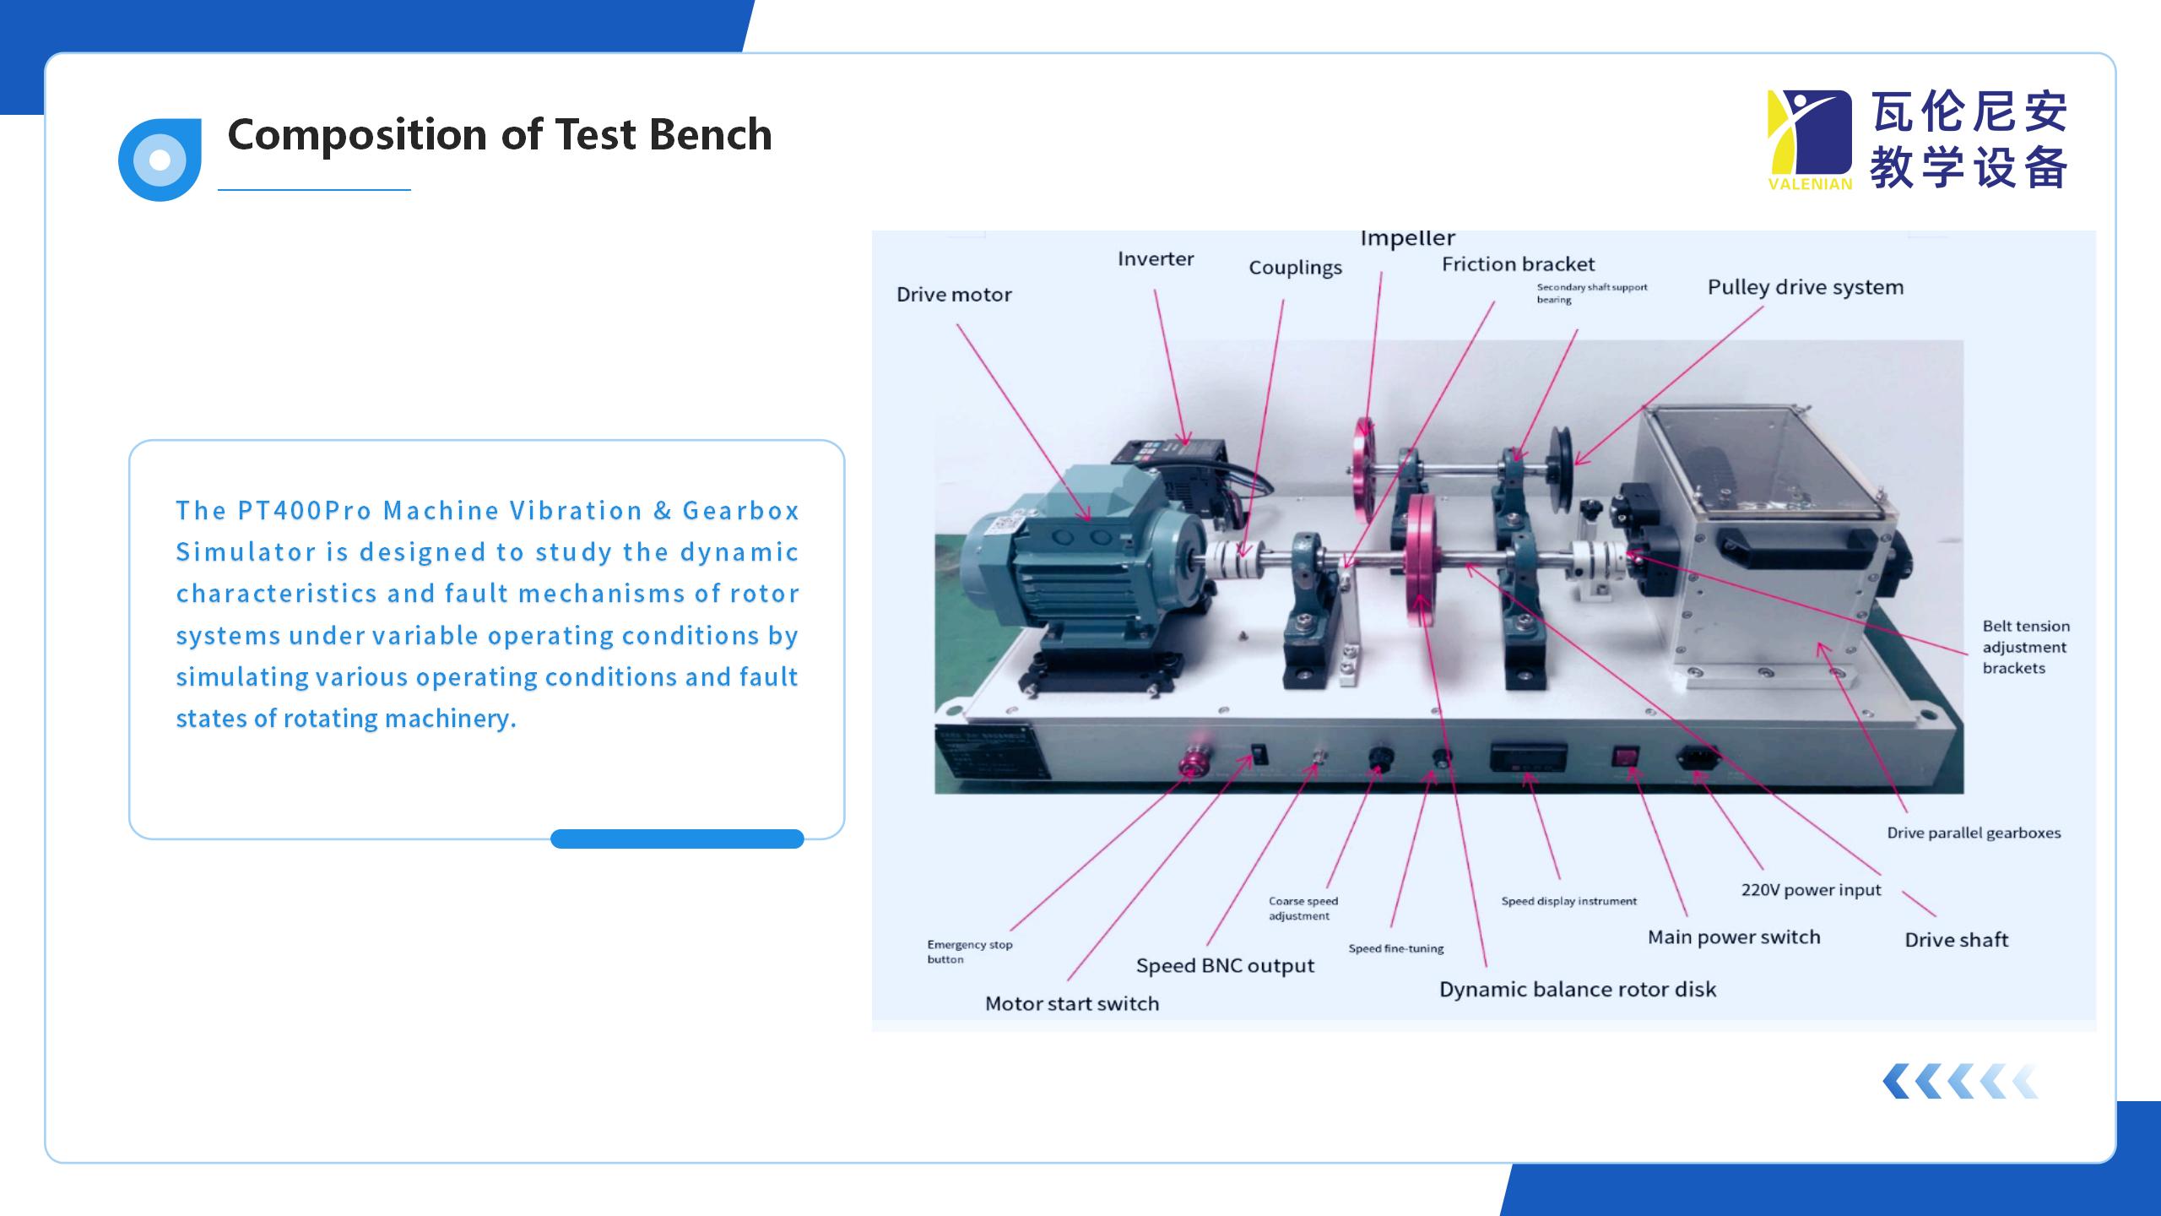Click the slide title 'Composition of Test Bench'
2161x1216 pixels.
click(499, 135)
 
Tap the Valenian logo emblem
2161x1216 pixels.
click(1809, 139)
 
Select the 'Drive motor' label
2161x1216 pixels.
click(954, 295)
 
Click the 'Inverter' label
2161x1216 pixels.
click(1155, 259)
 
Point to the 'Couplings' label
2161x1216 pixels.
click(1295, 268)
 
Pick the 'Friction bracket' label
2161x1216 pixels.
click(1518, 264)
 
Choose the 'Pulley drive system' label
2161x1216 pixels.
click(1805, 287)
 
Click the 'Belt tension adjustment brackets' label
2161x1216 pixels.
click(2025, 647)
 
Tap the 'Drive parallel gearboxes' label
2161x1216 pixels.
click(1974, 833)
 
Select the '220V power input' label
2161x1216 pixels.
click(1811, 890)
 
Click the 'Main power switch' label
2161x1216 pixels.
click(1734, 937)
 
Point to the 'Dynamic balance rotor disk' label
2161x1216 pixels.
click(1577, 990)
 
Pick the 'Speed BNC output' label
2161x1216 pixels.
click(1225, 966)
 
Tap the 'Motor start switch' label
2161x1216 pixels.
click(1072, 1004)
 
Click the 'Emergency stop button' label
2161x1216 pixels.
click(969, 952)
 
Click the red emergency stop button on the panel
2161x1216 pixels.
click(1194, 763)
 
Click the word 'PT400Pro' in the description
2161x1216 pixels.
click(305, 511)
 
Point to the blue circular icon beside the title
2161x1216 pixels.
click(160, 160)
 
